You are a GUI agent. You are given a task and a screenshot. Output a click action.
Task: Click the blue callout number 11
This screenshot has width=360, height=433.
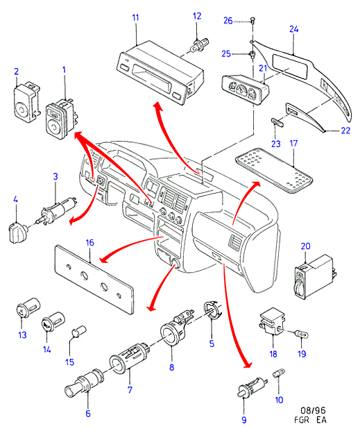[135, 17]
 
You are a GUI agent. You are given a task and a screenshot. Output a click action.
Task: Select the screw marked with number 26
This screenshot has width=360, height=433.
[252, 20]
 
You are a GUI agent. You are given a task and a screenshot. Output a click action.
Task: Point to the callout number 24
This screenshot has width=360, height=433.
[294, 29]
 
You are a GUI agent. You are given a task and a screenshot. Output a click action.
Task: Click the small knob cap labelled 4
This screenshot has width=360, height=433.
[17, 234]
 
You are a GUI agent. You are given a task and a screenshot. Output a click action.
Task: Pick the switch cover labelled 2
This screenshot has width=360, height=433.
[26, 101]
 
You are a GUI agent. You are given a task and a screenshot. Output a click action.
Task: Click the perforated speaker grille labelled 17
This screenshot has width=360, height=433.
[273, 170]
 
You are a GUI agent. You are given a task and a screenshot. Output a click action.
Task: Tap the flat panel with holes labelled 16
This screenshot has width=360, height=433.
[94, 279]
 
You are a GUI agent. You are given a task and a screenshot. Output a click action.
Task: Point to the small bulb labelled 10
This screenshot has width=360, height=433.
[279, 373]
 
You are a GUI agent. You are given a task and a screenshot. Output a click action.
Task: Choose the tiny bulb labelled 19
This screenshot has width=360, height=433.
[301, 334]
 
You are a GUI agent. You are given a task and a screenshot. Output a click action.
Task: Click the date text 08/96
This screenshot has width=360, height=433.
[313, 410]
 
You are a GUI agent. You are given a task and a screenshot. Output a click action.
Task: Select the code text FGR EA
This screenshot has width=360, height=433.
[310, 420]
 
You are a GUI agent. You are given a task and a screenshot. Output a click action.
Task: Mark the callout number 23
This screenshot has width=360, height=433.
[276, 144]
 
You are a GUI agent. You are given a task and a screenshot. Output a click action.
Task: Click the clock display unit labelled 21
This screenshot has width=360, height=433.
[245, 88]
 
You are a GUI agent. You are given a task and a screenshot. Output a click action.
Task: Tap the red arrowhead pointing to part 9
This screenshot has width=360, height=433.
[247, 364]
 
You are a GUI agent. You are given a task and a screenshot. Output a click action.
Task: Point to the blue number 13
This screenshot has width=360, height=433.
[22, 335]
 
